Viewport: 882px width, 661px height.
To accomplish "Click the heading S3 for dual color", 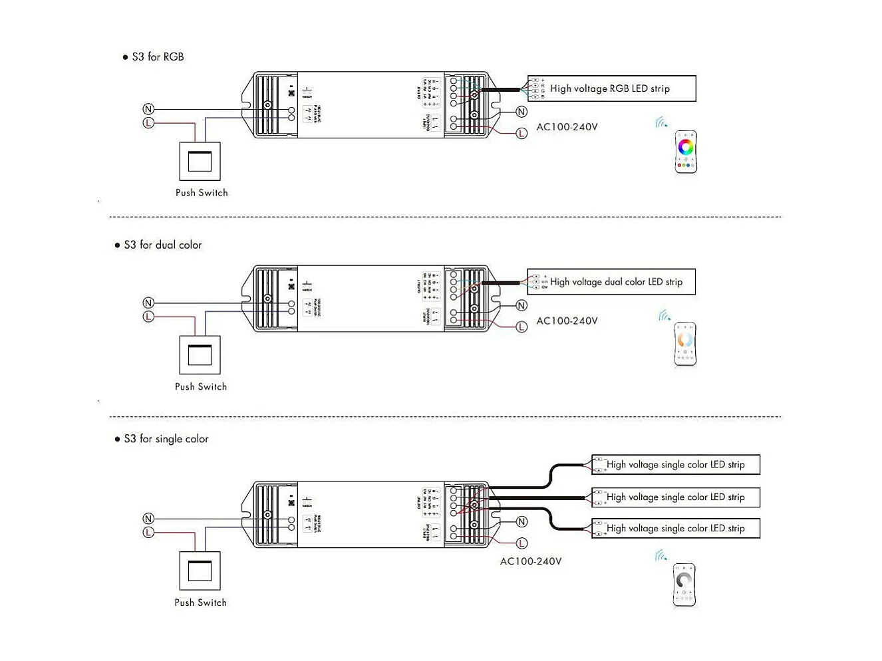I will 162,245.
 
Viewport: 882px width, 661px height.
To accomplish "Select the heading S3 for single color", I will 166,439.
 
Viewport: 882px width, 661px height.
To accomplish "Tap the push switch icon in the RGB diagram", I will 200,161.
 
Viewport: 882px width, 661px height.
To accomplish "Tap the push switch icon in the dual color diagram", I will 200,355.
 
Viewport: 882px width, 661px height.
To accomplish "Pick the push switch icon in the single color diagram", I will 200,571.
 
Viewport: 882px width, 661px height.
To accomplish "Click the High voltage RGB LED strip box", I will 611,88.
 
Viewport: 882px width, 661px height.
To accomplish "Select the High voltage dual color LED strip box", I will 611,282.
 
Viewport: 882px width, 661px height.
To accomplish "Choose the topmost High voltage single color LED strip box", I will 675,464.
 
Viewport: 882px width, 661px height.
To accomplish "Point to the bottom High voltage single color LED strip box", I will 675,529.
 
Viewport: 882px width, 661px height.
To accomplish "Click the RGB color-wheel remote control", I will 686,152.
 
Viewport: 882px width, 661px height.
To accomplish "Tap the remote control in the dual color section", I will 685,344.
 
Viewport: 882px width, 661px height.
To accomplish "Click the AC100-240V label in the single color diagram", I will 530,561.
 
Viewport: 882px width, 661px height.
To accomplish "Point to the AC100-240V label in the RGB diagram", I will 567,127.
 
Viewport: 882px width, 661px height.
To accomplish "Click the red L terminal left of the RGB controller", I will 148,123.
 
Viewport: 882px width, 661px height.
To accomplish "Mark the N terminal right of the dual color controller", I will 521,306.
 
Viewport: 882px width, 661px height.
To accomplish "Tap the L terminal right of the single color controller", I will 521,543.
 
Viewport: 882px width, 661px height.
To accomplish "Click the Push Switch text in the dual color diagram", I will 201,387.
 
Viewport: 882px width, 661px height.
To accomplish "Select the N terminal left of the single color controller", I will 148,519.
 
